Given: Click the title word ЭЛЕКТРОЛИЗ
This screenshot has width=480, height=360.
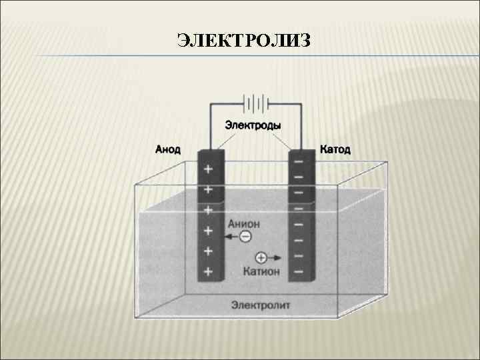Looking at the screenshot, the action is [244, 41].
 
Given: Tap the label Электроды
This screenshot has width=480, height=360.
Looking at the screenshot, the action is [253, 125].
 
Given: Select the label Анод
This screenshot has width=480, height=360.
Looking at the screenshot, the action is [167, 149].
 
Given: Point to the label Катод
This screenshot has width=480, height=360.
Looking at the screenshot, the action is [335, 149].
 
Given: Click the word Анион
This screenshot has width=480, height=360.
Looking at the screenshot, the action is [244, 224].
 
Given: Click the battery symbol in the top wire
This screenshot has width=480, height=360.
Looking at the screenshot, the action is [256, 104].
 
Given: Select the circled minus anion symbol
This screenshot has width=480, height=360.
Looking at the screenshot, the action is [245, 237].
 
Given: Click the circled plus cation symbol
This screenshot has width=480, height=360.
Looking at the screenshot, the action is [261, 257].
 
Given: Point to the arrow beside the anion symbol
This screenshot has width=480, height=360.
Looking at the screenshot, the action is [231, 237].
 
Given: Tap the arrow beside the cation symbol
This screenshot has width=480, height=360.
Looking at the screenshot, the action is [276, 257].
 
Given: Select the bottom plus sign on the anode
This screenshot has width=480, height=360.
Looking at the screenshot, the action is [209, 271].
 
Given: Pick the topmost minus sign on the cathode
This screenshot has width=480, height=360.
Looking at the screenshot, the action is [299, 161].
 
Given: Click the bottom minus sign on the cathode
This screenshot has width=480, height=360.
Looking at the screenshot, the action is [299, 271].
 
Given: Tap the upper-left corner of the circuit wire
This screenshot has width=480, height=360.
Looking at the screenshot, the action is [211, 104].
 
